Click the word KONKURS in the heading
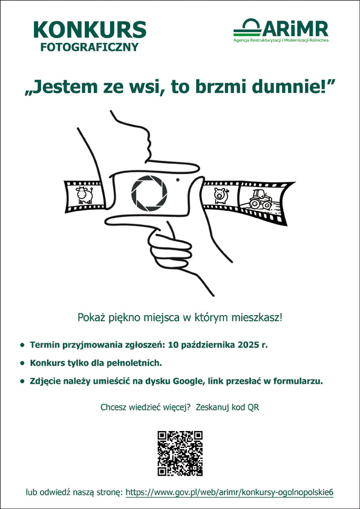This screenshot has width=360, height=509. tap(90, 30)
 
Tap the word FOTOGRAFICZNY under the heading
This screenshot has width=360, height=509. tap(90, 47)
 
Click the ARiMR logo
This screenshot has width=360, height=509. tap(281, 30)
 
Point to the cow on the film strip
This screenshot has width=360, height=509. tap(85, 195)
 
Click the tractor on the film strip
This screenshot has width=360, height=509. tap(261, 199)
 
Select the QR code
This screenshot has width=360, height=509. tap(180, 453)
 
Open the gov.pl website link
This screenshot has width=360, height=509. tap(229, 492)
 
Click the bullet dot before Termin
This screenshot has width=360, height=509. tap(22, 345)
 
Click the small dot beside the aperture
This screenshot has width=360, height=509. tap(178, 180)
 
